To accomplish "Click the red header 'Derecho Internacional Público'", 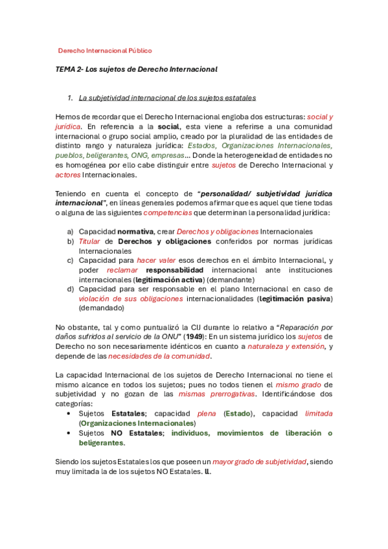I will pyautogui.click(x=105, y=50).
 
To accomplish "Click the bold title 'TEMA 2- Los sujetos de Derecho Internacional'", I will pyautogui.click(x=136, y=69).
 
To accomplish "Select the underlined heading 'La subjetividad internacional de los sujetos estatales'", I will pyautogui.click(x=167, y=98).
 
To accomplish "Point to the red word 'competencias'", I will pyautogui.click(x=168, y=212).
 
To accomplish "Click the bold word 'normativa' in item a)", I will pyautogui.click(x=135, y=231).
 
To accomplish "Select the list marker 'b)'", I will pyautogui.click(x=70, y=241).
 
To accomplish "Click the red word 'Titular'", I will pyautogui.click(x=90, y=241).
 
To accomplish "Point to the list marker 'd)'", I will pyautogui.click(x=70, y=289).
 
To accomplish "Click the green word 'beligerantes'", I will pyautogui.click(x=101, y=443).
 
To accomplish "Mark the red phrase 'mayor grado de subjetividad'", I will pyautogui.click(x=259, y=461).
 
